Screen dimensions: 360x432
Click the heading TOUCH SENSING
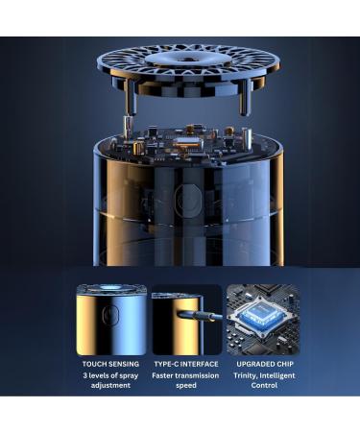pyautogui.click(x=110, y=364)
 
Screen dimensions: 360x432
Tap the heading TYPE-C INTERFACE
pyautogui.click(x=186, y=364)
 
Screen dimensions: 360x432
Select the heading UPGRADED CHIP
pyautogui.click(x=265, y=364)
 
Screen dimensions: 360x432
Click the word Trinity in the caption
pyautogui.click(x=245, y=375)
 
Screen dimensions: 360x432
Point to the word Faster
pyautogui.click(x=162, y=375)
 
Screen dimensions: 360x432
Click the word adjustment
pyautogui.click(x=110, y=386)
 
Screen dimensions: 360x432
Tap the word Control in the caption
pyautogui.click(x=264, y=385)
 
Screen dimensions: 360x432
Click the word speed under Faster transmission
pyautogui.click(x=186, y=386)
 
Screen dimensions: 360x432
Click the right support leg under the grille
pyautogui.click(x=245, y=98)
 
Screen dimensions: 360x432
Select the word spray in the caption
pyautogui.click(x=129, y=376)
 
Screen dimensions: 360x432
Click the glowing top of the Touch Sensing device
pyautogui.click(x=110, y=288)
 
